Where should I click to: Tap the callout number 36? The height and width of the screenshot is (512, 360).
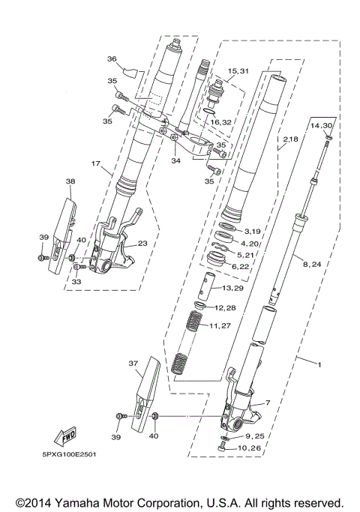pos(112,59)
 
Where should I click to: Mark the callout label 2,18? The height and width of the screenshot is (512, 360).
pos(290,139)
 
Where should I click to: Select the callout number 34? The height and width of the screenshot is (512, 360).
pos(175,160)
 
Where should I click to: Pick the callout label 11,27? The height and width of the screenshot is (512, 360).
pos(219,326)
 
